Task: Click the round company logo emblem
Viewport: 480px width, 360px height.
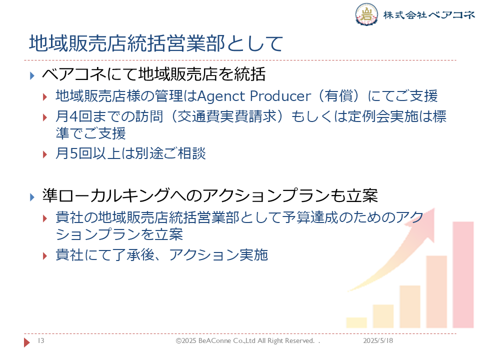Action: [366, 14]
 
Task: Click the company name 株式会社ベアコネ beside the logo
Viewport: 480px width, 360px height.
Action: [429, 14]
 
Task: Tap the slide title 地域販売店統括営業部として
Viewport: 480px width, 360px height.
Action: [156, 43]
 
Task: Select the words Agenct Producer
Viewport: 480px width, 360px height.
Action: [254, 96]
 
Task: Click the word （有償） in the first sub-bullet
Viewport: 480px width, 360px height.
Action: [339, 96]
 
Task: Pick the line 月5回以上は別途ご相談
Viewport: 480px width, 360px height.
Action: [130, 153]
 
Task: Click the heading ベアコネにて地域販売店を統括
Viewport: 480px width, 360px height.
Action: [153, 74]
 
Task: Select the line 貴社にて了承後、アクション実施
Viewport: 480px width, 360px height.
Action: [162, 254]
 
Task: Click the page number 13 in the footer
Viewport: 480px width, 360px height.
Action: [41, 340]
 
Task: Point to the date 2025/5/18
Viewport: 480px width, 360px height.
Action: [378, 340]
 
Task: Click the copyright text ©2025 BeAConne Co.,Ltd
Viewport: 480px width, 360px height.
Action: [215, 340]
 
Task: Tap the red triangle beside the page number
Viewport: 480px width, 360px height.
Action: [27, 342]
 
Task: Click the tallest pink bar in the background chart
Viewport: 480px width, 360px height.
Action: [463, 274]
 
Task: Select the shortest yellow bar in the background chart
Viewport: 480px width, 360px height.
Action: [356, 322]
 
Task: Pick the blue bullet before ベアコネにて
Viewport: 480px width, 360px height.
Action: [32, 75]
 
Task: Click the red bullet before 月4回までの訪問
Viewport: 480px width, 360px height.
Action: [45, 117]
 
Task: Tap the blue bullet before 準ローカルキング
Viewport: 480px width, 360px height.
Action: [32, 197]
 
